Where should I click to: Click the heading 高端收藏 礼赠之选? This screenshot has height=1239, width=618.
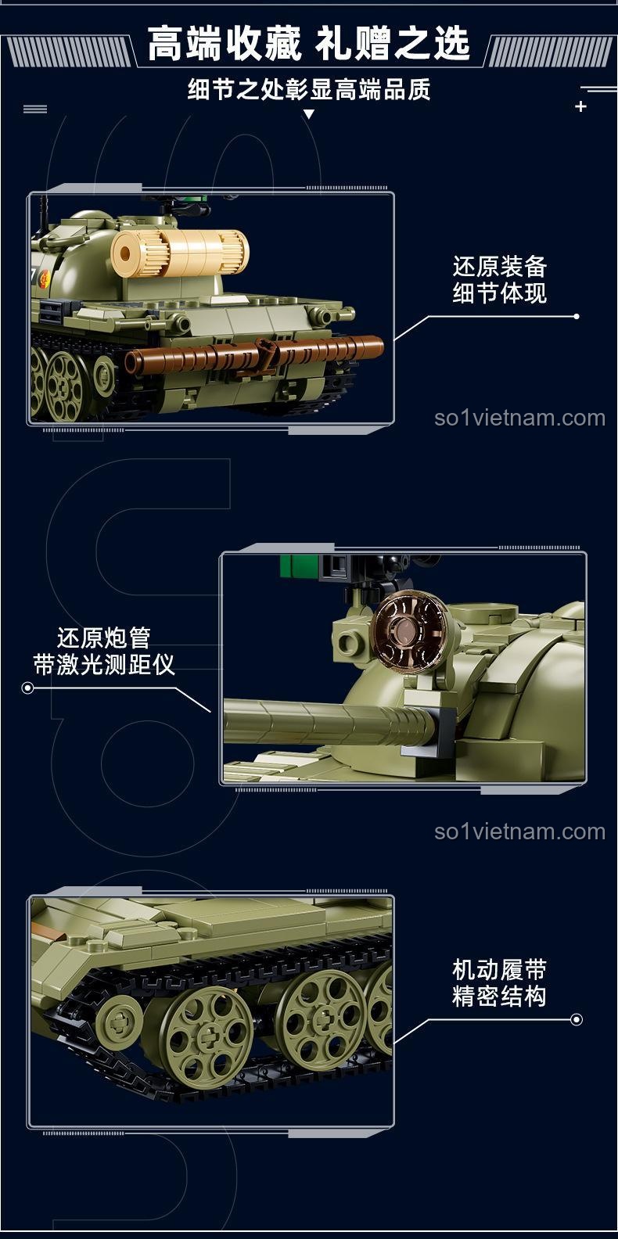pos(308,43)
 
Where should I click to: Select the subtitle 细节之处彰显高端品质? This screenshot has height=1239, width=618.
pos(308,90)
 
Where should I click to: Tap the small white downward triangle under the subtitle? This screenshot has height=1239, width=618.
pos(308,114)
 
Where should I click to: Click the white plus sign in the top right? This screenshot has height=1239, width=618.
pos(580,106)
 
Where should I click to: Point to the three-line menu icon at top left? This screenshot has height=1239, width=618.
pos(35,109)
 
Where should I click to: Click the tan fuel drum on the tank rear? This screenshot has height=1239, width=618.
pos(180,252)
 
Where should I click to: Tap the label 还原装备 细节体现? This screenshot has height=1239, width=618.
pos(499,279)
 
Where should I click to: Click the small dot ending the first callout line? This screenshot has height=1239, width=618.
pos(577,316)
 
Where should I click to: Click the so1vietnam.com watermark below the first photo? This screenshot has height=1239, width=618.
pos(519,418)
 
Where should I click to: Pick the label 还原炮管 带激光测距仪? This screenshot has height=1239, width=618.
pos(104,651)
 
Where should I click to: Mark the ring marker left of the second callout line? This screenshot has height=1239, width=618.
pos(28,688)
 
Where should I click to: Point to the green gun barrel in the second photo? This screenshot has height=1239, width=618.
pos(321,724)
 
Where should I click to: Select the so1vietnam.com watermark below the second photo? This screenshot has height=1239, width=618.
pos(519,831)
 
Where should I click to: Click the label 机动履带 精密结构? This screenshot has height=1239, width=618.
pos(499,982)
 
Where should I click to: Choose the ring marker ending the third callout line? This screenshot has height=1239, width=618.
pos(577,1019)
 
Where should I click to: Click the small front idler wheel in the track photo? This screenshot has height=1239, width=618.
pos(119,1020)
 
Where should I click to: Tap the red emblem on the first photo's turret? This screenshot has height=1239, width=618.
pos(45,279)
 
